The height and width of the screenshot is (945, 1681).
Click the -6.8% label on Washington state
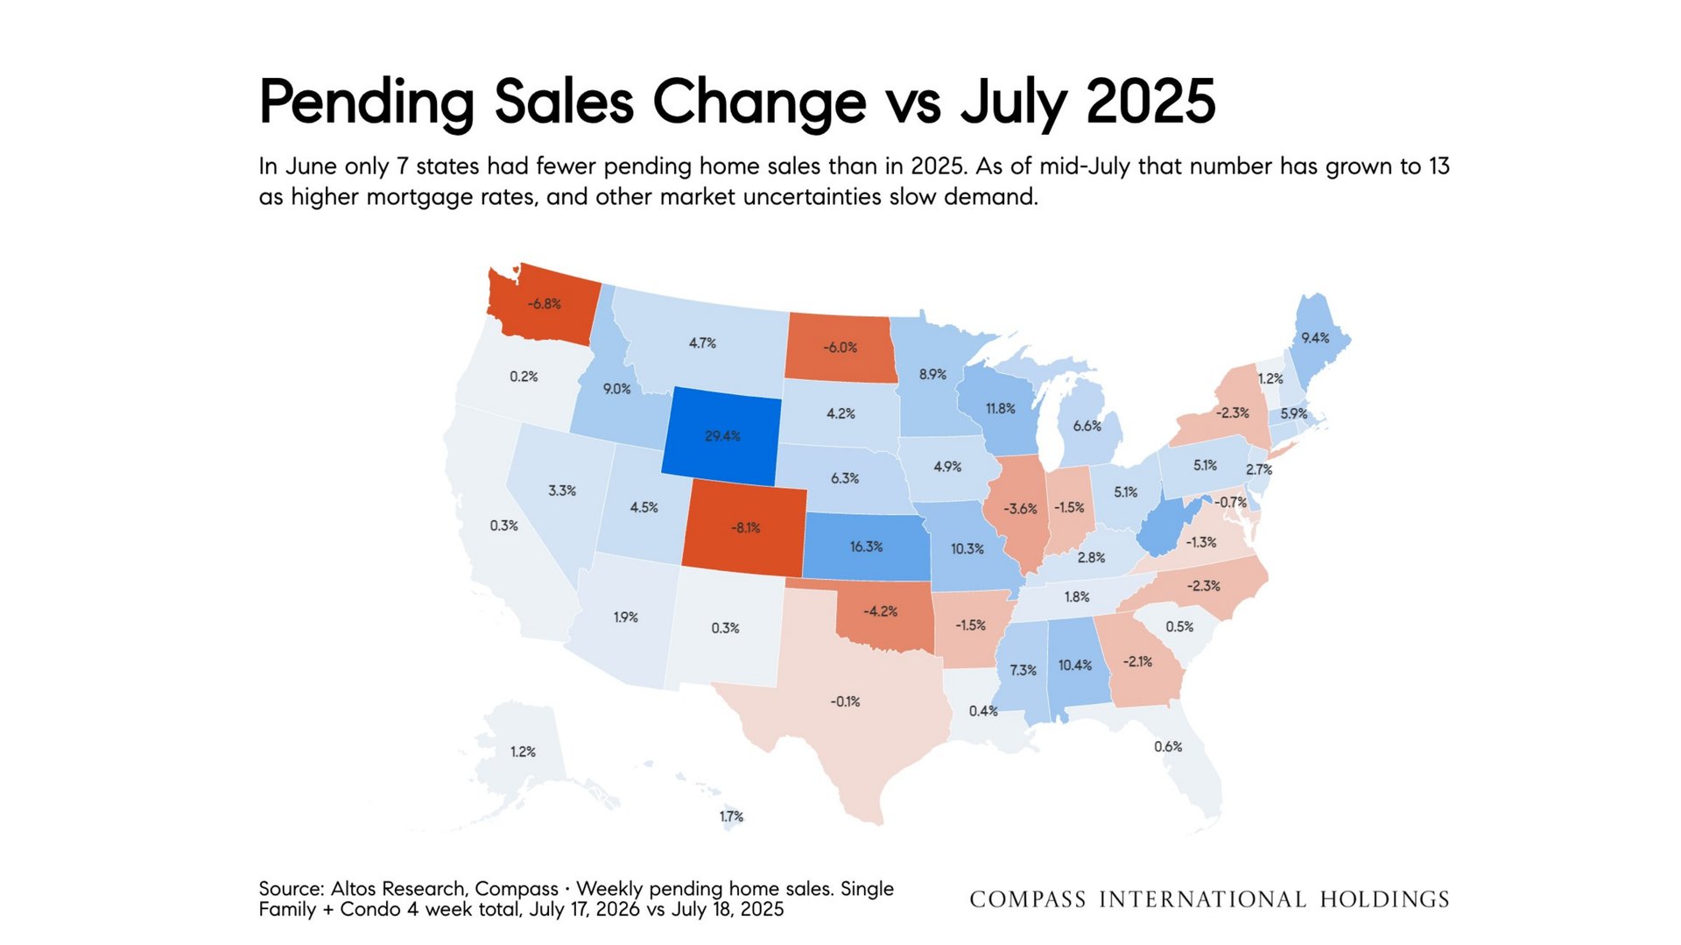(x=544, y=304)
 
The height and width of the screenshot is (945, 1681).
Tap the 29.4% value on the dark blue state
(x=722, y=436)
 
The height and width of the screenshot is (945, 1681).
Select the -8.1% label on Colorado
(x=746, y=528)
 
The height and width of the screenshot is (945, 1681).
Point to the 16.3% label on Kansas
(x=866, y=547)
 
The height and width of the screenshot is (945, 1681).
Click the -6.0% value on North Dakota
(x=840, y=348)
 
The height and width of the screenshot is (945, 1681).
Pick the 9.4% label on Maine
(x=1315, y=338)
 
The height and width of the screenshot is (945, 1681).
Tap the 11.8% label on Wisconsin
(x=1001, y=409)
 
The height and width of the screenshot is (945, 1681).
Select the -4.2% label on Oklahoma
(x=881, y=611)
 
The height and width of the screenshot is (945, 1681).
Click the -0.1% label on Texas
(x=846, y=702)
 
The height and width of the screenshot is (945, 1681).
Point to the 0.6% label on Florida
(x=1168, y=747)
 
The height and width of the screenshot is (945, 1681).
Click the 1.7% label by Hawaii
(x=732, y=817)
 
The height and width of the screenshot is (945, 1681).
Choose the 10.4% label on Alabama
(x=1075, y=666)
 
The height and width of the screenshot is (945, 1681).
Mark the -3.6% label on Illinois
(x=1021, y=509)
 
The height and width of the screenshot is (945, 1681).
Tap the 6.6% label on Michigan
(x=1087, y=427)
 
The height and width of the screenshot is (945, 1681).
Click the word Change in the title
(x=760, y=103)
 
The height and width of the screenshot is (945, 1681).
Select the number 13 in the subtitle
(x=1439, y=166)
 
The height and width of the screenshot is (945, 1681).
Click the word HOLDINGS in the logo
(x=1385, y=899)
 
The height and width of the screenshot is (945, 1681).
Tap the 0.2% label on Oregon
(x=524, y=377)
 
